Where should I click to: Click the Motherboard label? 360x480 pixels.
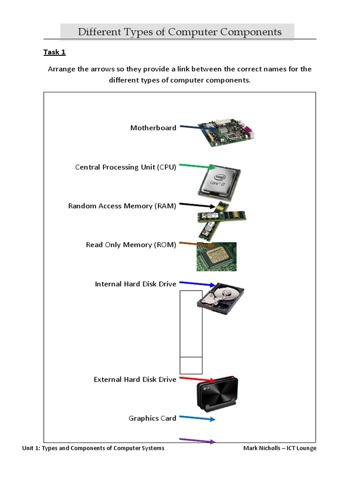click(x=153, y=128)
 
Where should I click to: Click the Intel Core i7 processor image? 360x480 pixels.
click(x=218, y=184)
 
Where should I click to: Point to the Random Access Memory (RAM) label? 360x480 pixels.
click(x=122, y=206)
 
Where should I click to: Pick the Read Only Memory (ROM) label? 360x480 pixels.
click(x=131, y=245)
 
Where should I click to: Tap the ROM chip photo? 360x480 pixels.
click(x=216, y=256)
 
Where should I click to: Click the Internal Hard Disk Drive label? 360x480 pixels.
click(x=135, y=284)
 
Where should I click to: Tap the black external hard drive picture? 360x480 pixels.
click(x=217, y=393)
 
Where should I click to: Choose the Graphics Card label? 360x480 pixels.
click(x=152, y=418)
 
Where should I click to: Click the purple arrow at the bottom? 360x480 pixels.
click(x=197, y=441)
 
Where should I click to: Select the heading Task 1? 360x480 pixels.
click(x=54, y=52)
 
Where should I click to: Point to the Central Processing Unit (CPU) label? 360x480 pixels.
click(x=126, y=167)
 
